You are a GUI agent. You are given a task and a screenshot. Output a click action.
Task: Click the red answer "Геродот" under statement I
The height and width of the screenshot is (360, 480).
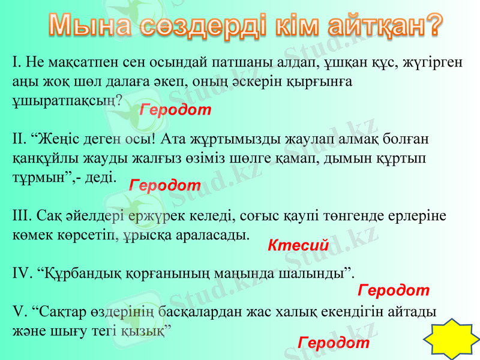[175, 110]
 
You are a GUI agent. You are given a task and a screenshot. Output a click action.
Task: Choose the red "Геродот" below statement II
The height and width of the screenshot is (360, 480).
[165, 185]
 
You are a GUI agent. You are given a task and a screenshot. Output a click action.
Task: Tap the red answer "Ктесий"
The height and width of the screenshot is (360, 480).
[298, 245]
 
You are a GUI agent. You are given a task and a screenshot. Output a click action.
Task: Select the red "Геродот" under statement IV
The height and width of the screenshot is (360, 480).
[393, 290]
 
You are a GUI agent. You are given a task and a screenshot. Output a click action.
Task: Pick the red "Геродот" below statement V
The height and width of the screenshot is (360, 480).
[333, 343]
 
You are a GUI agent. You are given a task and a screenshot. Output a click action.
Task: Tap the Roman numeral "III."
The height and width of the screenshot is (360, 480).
[22, 215]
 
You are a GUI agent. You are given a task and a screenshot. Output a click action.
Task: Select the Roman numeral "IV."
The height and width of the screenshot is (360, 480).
[22, 274]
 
